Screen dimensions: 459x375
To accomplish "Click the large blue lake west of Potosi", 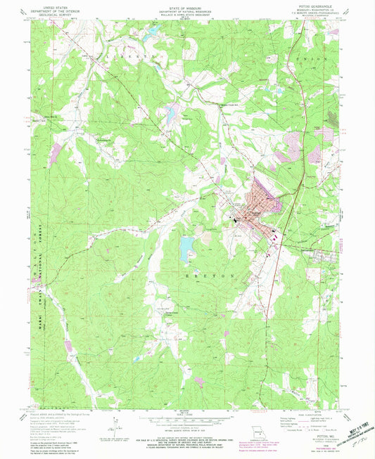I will pos(188,244).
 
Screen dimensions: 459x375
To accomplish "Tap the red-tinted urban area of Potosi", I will pos(257,207).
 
